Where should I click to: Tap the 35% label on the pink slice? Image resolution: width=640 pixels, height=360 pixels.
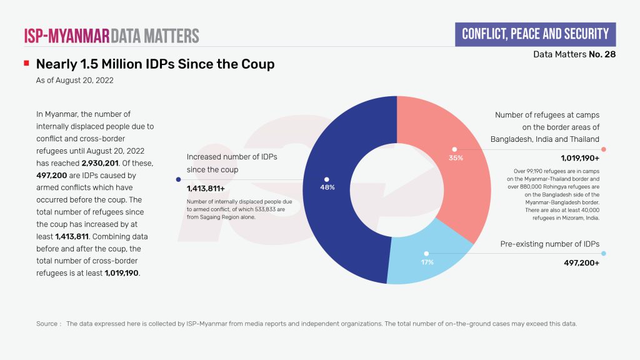pyautogui.click(x=456, y=158)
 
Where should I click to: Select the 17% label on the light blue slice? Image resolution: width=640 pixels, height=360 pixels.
pyautogui.click(x=427, y=262)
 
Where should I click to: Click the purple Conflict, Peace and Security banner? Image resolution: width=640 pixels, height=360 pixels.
pyautogui.click(x=534, y=34)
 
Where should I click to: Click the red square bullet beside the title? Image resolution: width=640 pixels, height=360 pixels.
pyautogui.click(x=26, y=64)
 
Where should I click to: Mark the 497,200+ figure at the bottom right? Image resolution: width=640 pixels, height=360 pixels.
pyautogui.click(x=582, y=263)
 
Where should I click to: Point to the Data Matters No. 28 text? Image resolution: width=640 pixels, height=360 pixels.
pyautogui.click(x=574, y=54)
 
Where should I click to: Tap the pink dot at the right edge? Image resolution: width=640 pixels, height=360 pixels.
pyautogui.click(x=604, y=149)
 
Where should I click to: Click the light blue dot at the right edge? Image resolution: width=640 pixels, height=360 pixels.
pyautogui.click(x=604, y=254)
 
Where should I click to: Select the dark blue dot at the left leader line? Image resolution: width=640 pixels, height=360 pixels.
pyautogui.click(x=179, y=179)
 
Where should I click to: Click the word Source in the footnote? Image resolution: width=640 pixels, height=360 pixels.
pyautogui.click(x=48, y=324)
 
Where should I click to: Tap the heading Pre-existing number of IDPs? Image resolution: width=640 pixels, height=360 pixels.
pyautogui.click(x=550, y=244)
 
